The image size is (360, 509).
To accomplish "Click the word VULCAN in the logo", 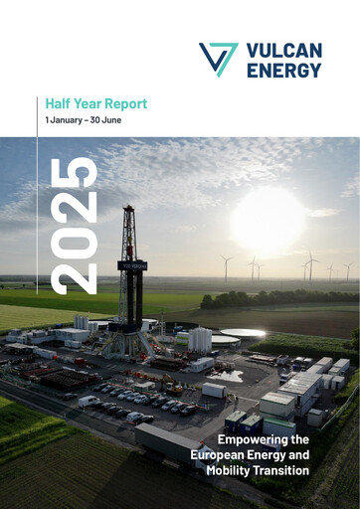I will coord(283,50).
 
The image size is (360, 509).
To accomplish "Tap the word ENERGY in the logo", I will coord(283,70).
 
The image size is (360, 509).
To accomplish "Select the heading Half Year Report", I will coord(96,103).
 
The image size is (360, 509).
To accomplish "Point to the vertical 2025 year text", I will coord(74,225).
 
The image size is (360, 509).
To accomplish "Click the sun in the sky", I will coord(268,218).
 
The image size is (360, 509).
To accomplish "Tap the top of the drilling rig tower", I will coord(128,212).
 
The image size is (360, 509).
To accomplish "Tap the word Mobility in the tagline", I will coord(231,470).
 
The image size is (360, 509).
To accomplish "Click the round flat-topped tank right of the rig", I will coord(243,335).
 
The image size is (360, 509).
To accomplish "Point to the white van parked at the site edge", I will coord(88,402).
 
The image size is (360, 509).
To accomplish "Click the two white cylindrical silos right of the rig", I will coord(199,340).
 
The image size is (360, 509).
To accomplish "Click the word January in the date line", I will coord(68,120).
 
